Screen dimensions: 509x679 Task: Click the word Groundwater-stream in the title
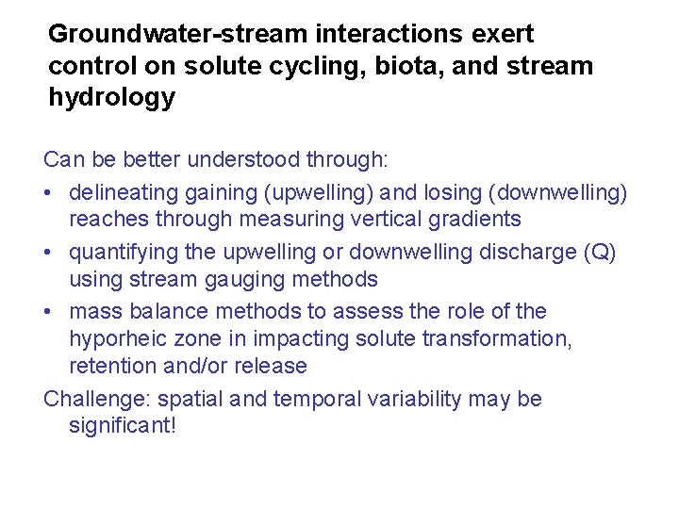pyautogui.click(x=176, y=35)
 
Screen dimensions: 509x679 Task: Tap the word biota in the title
pyautogui.click(x=412, y=67)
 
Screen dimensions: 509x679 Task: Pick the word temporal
pyautogui.click(x=317, y=399)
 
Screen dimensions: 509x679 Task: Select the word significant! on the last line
pyautogui.click(x=123, y=426)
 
